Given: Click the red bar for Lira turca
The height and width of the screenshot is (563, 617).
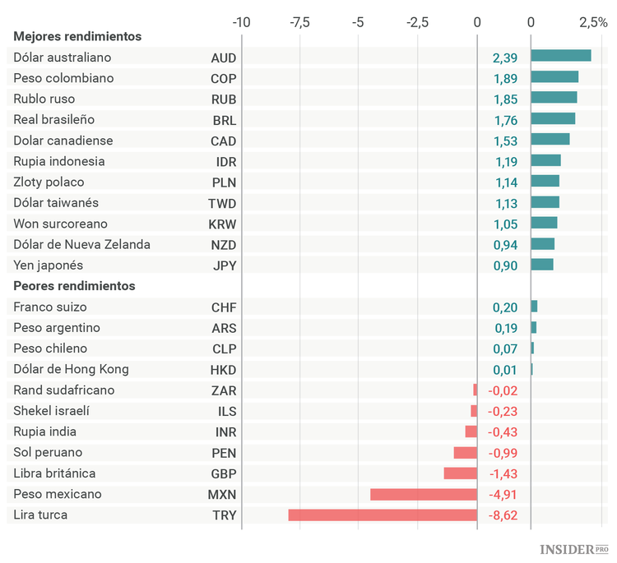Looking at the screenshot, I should tap(383, 515).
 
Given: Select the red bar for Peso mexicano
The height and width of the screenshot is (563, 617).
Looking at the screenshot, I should tap(424, 494).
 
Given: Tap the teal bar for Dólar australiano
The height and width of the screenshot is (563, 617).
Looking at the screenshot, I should tap(560, 56).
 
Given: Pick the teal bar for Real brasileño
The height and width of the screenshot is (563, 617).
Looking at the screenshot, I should tap(553, 118).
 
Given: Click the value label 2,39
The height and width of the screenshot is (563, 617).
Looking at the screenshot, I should tap(505, 58).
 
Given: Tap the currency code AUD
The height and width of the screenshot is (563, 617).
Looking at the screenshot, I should tap(223, 58).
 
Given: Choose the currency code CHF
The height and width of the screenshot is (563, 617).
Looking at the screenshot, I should tap(223, 307).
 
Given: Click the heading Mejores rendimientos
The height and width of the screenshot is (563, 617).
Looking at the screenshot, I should tap(77, 36).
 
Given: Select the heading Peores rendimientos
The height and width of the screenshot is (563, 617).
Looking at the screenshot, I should tap(74, 286).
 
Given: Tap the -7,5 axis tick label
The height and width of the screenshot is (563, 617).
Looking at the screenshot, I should tap(299, 22).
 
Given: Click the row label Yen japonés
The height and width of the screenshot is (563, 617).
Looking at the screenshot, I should tap(48, 265).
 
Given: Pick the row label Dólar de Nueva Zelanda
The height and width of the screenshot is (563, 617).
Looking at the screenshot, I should tap(81, 244).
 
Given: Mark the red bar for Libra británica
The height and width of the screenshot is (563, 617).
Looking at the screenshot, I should tap(460, 473).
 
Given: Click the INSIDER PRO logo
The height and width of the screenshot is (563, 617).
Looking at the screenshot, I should tap(573, 548).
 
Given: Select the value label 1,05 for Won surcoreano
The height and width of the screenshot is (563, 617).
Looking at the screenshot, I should tap(505, 224).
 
